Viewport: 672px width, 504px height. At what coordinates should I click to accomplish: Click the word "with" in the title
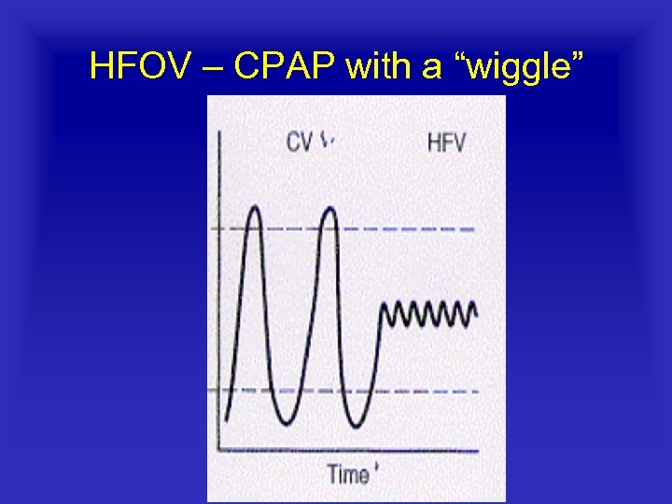point(376,66)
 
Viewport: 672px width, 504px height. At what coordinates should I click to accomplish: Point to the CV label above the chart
point(300,142)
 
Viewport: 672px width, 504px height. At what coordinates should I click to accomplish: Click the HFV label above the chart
point(447,143)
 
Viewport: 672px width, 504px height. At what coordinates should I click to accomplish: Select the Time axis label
point(348,474)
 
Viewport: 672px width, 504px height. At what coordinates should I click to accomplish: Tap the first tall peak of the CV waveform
point(253,208)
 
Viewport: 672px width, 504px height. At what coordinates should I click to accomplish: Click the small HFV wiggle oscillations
point(429,315)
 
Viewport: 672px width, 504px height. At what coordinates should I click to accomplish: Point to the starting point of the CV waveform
point(226,417)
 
